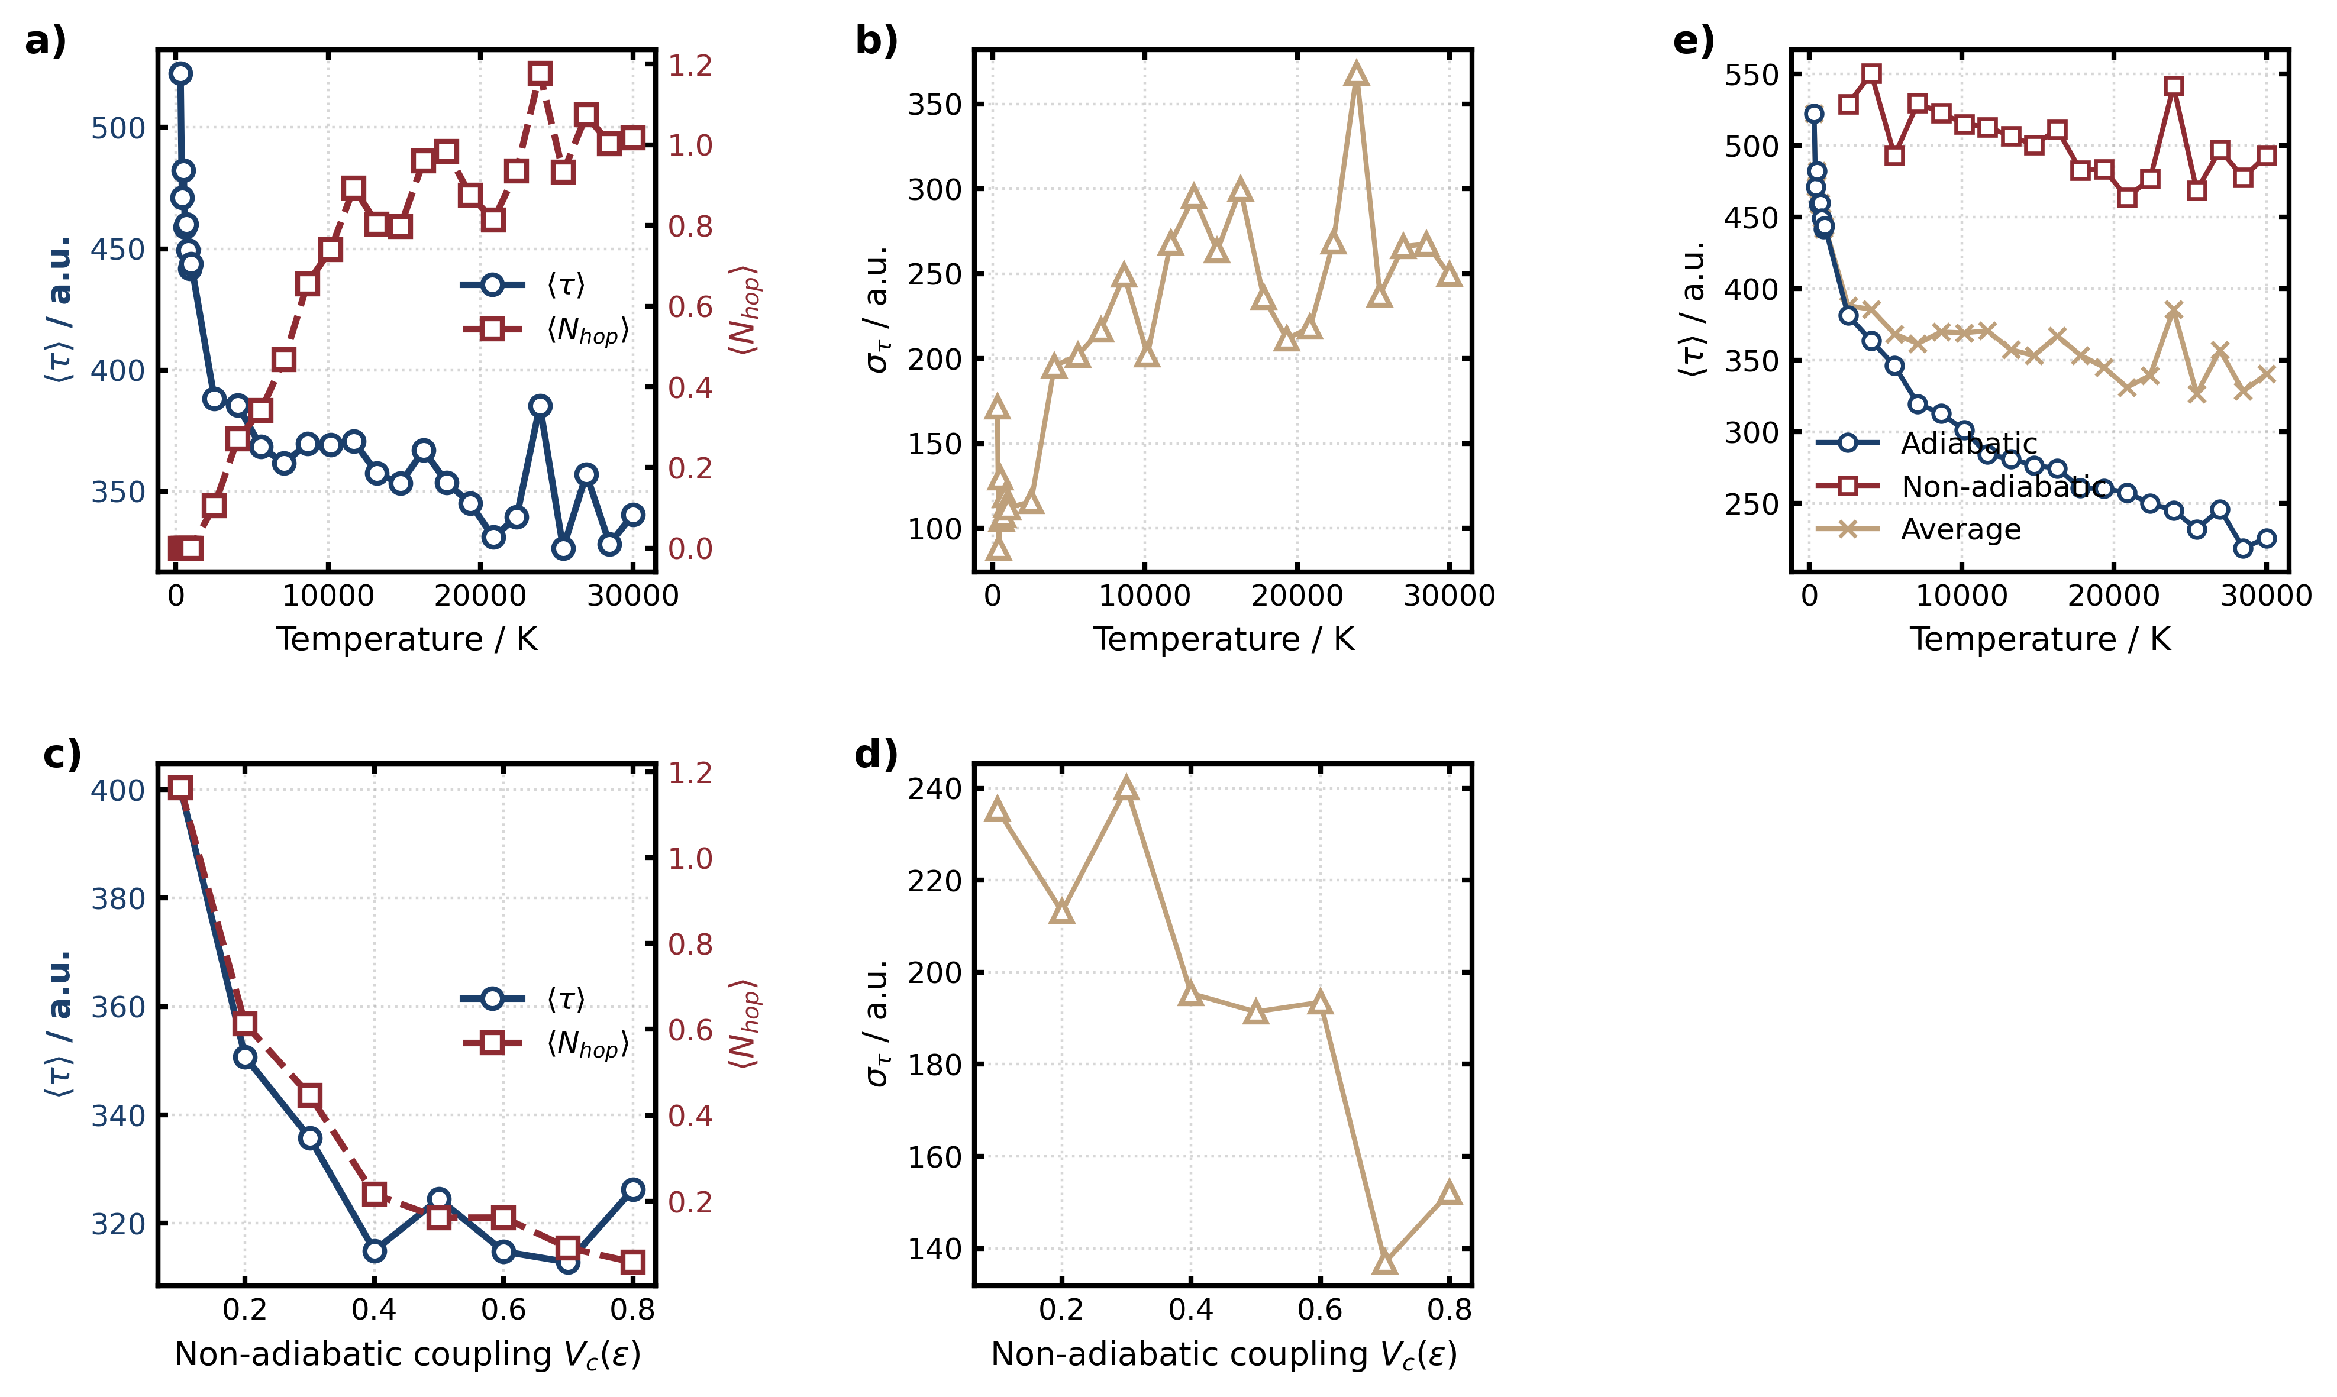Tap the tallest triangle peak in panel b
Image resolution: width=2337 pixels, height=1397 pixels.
(x=1356, y=73)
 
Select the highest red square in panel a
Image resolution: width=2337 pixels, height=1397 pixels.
(x=540, y=73)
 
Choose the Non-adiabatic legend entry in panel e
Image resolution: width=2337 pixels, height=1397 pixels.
(x=2001, y=487)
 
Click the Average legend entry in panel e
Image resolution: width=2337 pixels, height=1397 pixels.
(x=1960, y=530)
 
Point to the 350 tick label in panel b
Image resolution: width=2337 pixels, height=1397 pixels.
(x=934, y=105)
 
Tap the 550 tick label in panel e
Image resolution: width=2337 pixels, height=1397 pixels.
(x=1751, y=75)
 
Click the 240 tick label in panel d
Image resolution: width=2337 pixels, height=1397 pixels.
(x=934, y=789)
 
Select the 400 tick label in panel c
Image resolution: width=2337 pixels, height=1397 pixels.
(x=118, y=791)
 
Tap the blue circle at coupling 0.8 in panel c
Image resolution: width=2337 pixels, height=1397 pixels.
(x=632, y=1190)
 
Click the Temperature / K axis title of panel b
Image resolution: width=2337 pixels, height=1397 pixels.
(x=1223, y=639)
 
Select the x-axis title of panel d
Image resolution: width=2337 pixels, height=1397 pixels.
(x=1223, y=1354)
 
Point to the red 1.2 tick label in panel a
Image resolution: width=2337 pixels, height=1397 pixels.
(x=690, y=66)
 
